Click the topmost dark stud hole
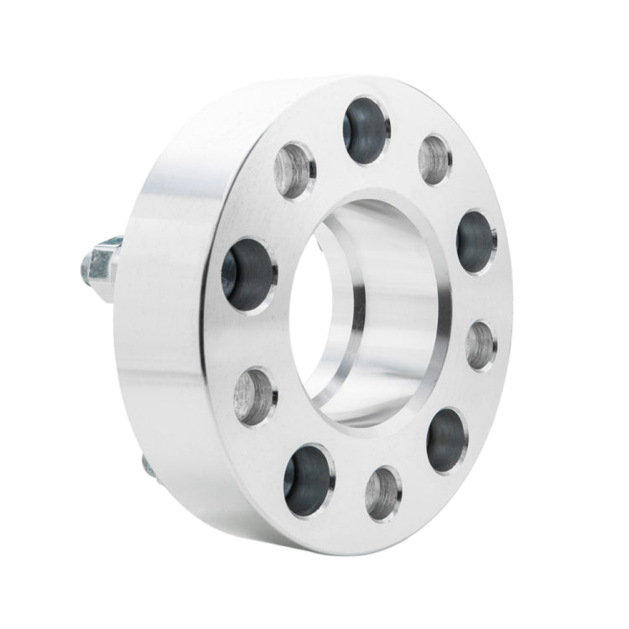click(366, 130)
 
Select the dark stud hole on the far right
click(476, 241)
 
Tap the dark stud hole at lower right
click(446, 439)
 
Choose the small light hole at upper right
click(434, 159)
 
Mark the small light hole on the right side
click(481, 344)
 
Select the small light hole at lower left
click(254, 396)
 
